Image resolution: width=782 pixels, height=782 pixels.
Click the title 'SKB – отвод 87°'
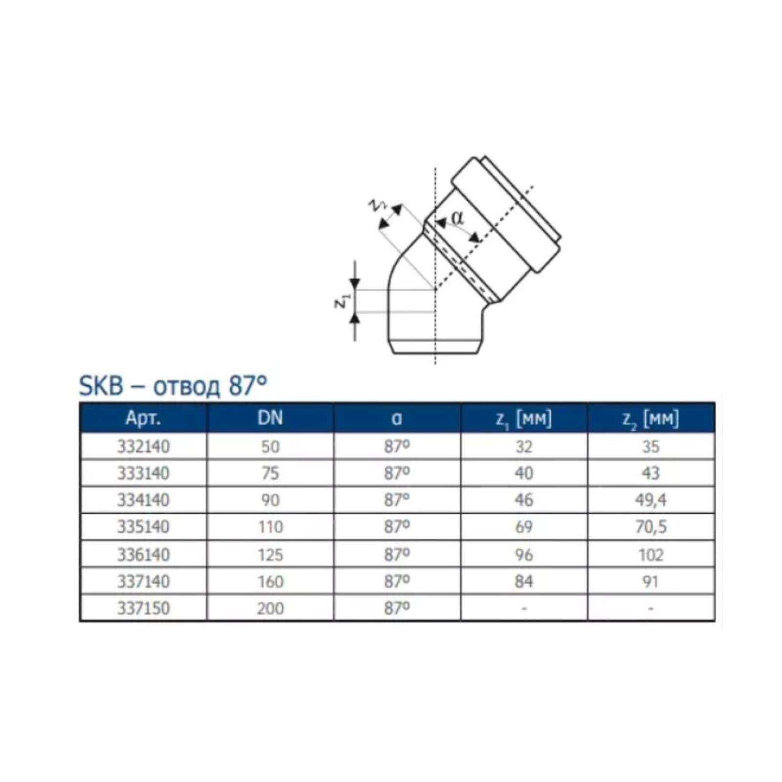[x=173, y=386]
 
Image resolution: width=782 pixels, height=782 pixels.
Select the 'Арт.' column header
[x=143, y=418]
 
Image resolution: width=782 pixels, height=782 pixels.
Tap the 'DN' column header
[x=270, y=418]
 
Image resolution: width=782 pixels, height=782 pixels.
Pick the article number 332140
[x=143, y=446]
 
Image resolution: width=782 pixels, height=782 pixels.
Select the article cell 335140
[x=143, y=526]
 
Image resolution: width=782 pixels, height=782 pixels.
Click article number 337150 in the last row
[x=143, y=608]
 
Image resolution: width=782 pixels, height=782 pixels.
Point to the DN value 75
[x=270, y=473]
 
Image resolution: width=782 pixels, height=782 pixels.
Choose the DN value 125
[x=270, y=555]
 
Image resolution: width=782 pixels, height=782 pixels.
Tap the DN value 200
[x=270, y=608]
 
